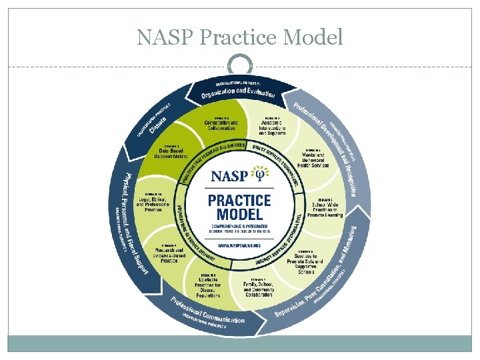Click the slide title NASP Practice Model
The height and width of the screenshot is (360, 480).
(x=240, y=37)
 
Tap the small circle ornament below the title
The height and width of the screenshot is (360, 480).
(x=240, y=65)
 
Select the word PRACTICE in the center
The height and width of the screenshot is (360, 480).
(x=239, y=200)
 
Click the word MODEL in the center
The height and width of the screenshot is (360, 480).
(x=239, y=215)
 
